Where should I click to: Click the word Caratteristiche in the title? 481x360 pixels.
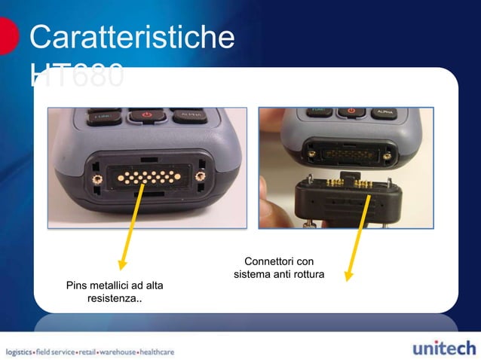(x=131, y=38)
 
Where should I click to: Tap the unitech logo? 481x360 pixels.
(x=444, y=349)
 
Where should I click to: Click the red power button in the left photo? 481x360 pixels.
(x=147, y=116)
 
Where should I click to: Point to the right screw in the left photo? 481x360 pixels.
(x=200, y=177)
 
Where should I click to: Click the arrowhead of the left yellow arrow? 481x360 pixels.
(x=121, y=264)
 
